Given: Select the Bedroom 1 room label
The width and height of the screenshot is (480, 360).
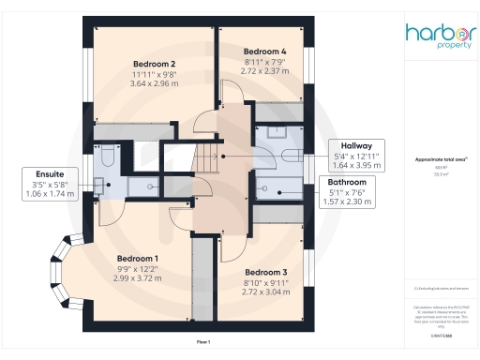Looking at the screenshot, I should click(138, 258).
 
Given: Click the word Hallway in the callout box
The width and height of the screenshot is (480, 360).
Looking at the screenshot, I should click(357, 146).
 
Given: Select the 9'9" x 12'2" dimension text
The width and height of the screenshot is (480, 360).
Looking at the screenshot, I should click(138, 269).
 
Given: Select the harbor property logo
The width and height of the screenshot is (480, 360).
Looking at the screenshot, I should click(437, 35).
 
